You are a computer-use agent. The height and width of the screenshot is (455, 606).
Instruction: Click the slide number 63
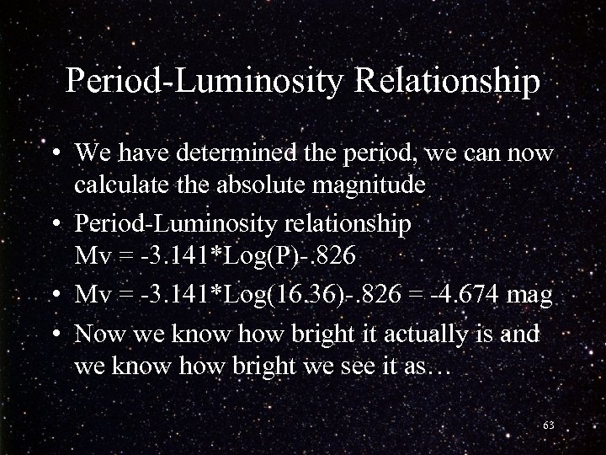[549, 425]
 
